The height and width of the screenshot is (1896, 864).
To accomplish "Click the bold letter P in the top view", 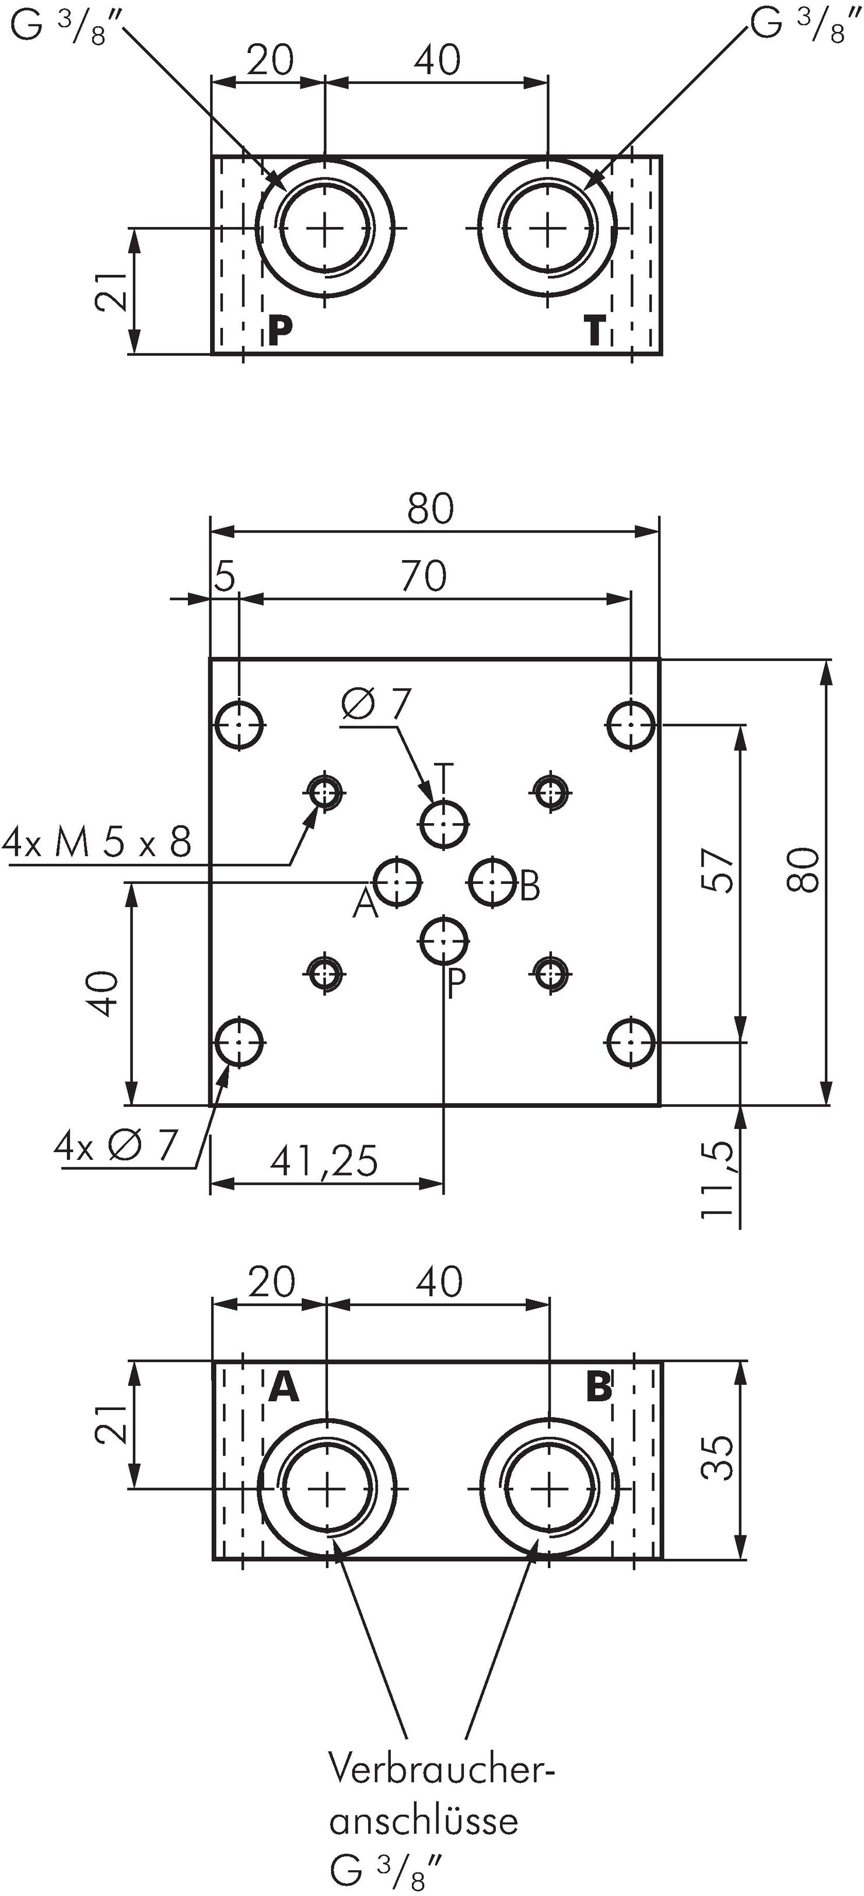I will point(279,331).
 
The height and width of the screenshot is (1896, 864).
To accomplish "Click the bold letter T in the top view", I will point(594,331).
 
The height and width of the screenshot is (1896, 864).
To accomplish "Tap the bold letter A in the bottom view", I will point(284,1387).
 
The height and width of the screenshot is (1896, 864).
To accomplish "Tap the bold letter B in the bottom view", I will point(599,1387).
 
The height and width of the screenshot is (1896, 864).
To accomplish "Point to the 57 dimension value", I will point(718,871).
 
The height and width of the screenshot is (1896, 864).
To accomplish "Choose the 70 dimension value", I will point(424,576).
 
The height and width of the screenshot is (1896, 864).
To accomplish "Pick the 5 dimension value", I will point(225,576).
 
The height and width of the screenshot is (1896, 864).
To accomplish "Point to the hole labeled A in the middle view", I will point(397,881).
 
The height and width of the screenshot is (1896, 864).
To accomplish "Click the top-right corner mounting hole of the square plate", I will point(631,725).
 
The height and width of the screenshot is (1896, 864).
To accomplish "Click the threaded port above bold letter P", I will point(324,229).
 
